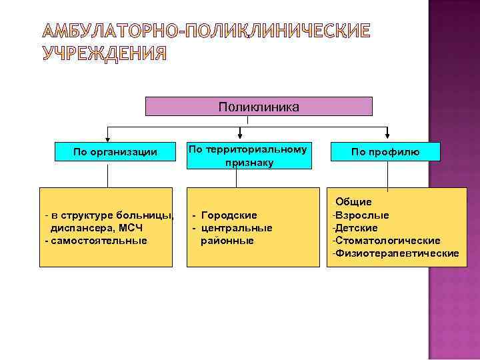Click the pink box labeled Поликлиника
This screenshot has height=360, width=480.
point(259,107)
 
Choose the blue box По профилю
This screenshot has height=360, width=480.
point(385,152)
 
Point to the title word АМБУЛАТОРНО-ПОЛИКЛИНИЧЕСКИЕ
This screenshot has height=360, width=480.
point(206,31)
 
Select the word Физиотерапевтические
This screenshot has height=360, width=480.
point(396,253)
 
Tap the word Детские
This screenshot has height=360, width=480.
point(359,228)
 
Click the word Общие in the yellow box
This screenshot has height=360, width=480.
point(353,201)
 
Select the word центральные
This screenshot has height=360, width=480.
point(237,228)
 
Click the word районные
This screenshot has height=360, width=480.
point(227,240)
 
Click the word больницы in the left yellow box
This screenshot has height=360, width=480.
point(144,215)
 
